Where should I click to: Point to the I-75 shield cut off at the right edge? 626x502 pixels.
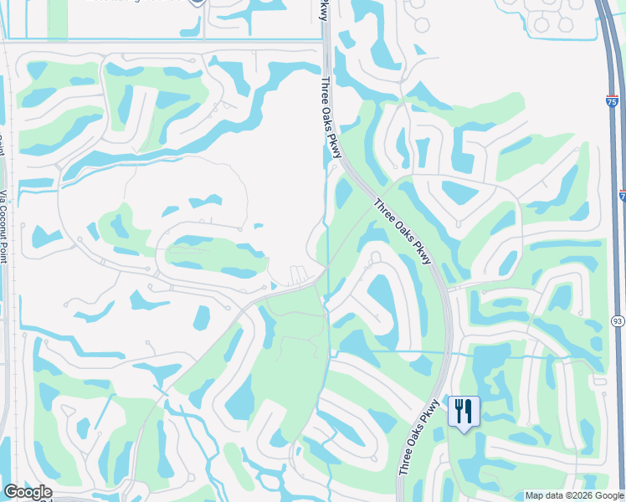(623, 195)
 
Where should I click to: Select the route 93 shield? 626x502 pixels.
(618, 320)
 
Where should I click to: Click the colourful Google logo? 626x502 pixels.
(27, 492)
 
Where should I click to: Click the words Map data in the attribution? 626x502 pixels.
(544, 495)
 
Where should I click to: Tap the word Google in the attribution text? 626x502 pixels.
(608, 495)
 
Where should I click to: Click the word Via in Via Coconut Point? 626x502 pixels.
(3, 199)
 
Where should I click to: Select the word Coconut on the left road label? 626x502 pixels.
(3, 226)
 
